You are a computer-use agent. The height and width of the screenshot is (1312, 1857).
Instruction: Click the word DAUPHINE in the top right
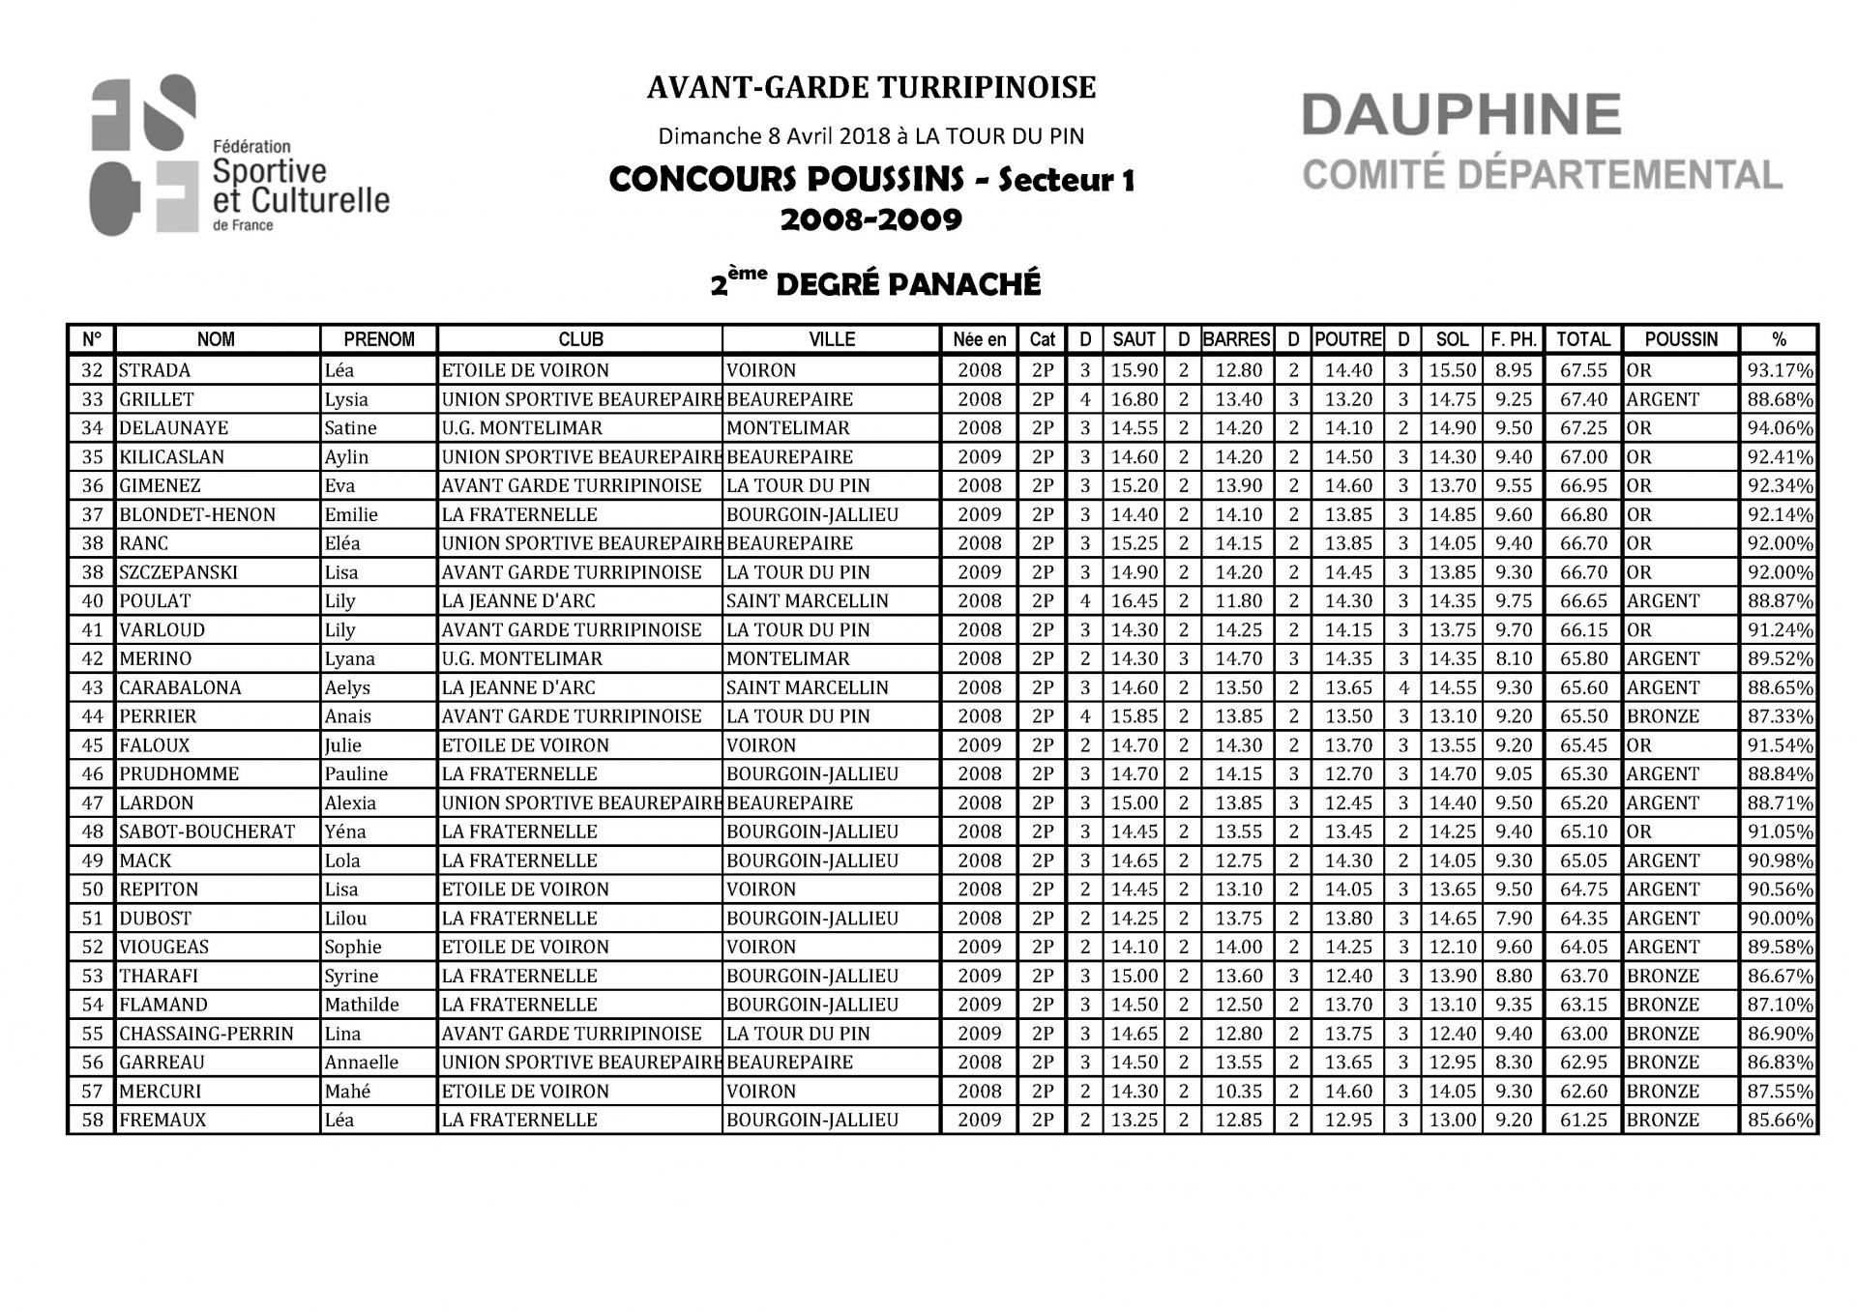pyautogui.click(x=1460, y=115)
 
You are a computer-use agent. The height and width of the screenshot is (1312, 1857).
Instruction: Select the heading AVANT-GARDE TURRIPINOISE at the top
pyautogui.click(x=870, y=88)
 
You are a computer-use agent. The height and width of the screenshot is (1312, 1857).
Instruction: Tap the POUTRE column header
pyautogui.click(x=1347, y=339)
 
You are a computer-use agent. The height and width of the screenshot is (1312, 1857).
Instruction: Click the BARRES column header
pyautogui.click(x=1236, y=339)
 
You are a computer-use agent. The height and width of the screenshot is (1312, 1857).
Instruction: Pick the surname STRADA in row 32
pyautogui.click(x=155, y=370)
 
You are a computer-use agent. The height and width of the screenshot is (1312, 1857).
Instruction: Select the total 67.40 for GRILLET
pyautogui.click(x=1583, y=399)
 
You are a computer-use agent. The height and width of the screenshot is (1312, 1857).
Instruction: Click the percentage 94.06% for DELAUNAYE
pyautogui.click(x=1780, y=428)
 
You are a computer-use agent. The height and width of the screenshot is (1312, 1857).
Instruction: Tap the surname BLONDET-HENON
pyautogui.click(x=197, y=514)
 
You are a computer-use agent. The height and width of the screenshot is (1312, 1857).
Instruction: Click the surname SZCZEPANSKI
pyautogui.click(x=178, y=572)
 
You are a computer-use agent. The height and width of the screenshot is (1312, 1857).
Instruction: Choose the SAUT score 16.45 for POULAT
pyautogui.click(x=1134, y=601)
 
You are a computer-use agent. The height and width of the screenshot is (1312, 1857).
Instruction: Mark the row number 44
pyautogui.click(x=92, y=716)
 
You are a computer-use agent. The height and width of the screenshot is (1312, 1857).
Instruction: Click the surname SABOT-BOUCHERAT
pyautogui.click(x=207, y=831)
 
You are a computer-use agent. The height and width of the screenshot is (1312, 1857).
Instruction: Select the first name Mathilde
pyautogui.click(x=362, y=1005)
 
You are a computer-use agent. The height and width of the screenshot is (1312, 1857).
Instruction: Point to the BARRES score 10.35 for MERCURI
pyautogui.click(x=1238, y=1091)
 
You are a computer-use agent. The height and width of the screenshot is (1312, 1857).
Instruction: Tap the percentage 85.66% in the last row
pyautogui.click(x=1780, y=1120)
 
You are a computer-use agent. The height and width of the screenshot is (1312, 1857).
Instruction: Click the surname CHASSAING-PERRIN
pyautogui.click(x=206, y=1034)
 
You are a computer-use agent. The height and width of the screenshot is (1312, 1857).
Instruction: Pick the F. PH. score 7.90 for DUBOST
pyautogui.click(x=1513, y=918)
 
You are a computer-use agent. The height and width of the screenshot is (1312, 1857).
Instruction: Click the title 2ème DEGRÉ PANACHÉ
pyautogui.click(x=875, y=284)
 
